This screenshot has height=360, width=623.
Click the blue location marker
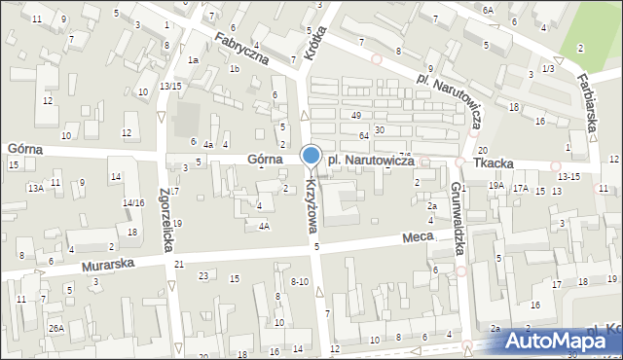pyautogui.click(x=311, y=156)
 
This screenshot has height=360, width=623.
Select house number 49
pyautogui.click(x=356, y=116)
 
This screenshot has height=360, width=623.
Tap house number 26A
pyautogui.click(x=57, y=329)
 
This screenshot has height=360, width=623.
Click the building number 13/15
pyautogui.click(x=171, y=87)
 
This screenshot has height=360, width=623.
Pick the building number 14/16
pyautogui.click(x=133, y=202)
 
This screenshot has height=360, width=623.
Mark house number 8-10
pyautogui.click(x=300, y=281)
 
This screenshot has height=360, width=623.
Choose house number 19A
pyautogui.click(x=496, y=185)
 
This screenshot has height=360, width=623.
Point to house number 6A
pyautogui.click(x=488, y=9)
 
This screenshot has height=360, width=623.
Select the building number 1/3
pyautogui.click(x=548, y=69)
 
